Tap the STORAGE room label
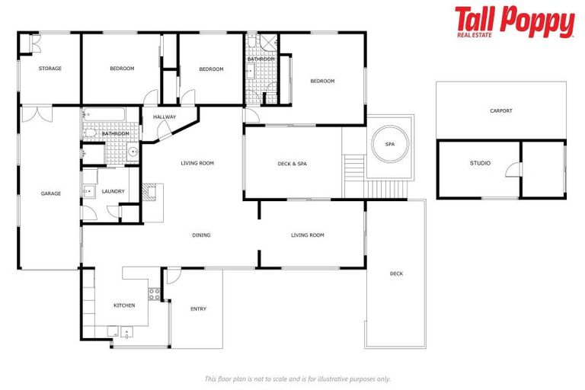(x=50, y=69)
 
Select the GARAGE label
(x=50, y=193)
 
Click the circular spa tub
(x=390, y=143)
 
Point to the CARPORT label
(x=500, y=111)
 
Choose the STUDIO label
(x=480, y=163)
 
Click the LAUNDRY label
(x=113, y=191)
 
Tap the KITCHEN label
(x=124, y=305)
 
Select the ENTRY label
(x=198, y=308)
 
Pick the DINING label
(x=201, y=235)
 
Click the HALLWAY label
(x=165, y=117)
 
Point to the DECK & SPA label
(x=292, y=164)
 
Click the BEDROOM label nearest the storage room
(x=122, y=69)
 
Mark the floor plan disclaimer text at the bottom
(x=297, y=379)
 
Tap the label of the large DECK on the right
(x=396, y=273)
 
